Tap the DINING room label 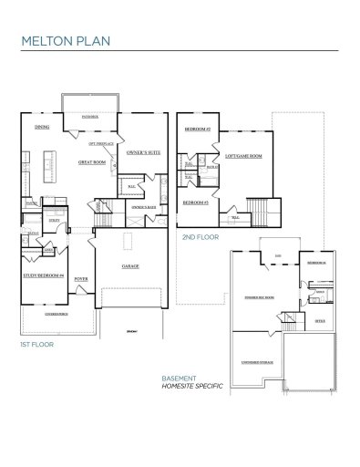point(41,127)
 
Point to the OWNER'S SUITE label point(143,152)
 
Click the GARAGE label point(130,266)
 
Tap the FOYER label point(81,277)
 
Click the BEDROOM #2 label point(197,130)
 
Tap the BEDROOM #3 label point(195,202)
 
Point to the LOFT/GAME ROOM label point(243,156)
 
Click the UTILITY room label point(54,221)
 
